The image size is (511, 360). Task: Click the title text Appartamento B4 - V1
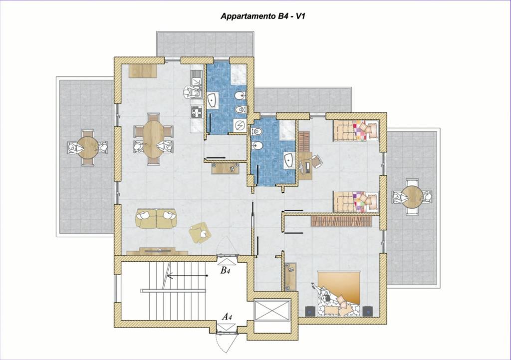[262, 16]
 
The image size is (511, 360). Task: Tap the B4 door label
[225, 270]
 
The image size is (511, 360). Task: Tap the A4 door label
[227, 316]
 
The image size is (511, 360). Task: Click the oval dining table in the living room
[153, 139]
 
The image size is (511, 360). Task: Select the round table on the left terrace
[88, 148]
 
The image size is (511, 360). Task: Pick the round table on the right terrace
[412, 197]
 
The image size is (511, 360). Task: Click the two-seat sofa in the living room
[156, 218]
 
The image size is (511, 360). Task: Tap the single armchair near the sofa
[200, 233]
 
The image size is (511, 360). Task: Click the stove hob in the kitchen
[197, 113]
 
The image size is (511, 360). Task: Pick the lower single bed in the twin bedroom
[356, 202]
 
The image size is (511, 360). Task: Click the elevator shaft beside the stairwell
[271, 311]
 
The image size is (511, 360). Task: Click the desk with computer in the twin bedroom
[305, 166]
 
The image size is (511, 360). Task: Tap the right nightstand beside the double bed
[368, 312]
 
